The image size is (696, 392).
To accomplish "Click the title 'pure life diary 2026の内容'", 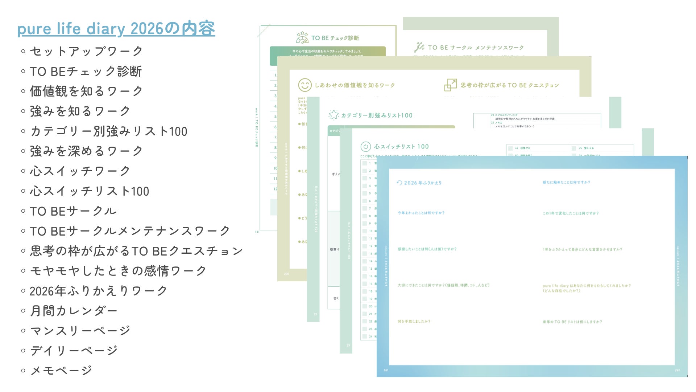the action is (116, 29).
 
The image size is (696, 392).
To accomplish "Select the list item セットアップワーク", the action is (86, 51).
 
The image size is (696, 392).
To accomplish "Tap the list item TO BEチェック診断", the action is (86, 71).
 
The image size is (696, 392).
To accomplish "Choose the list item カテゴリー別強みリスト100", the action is (108, 131).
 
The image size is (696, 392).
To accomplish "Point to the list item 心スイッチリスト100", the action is (89, 191).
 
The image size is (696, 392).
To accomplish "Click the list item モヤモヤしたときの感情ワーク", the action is (118, 271).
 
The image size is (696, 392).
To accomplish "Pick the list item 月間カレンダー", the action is (74, 311).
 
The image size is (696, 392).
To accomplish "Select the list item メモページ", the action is (61, 371).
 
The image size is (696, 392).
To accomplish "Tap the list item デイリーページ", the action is (74, 351).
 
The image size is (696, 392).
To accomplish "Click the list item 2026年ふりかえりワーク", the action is (98, 291).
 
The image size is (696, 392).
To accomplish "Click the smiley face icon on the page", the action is (304, 85).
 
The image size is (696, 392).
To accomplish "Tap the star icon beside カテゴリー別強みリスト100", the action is (333, 115).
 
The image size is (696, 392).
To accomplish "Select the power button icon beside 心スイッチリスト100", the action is (365, 147).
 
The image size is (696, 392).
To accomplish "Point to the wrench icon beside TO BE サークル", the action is (419, 47).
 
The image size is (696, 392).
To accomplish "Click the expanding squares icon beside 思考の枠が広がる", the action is (451, 85).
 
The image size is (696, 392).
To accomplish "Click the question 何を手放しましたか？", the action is (414, 322).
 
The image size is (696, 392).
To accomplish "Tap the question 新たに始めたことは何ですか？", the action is (566, 182).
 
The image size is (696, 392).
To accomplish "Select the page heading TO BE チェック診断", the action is (335, 38).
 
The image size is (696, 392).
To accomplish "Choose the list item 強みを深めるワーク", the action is (86, 151).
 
